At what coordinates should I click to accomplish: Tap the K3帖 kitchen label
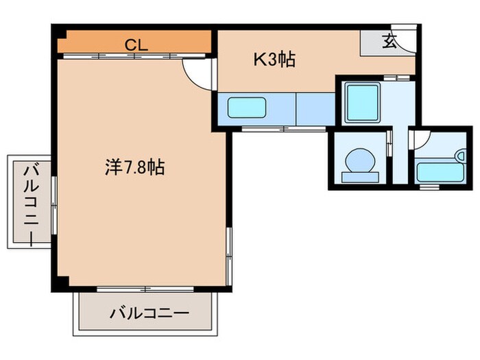tap(274, 60)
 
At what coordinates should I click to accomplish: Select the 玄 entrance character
tap(389, 42)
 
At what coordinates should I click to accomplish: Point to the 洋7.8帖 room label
tap(135, 167)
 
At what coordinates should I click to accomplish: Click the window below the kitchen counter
tap(283, 129)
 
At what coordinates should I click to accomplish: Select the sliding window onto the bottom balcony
tap(136, 289)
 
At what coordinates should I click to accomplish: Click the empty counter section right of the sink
tap(315, 108)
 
